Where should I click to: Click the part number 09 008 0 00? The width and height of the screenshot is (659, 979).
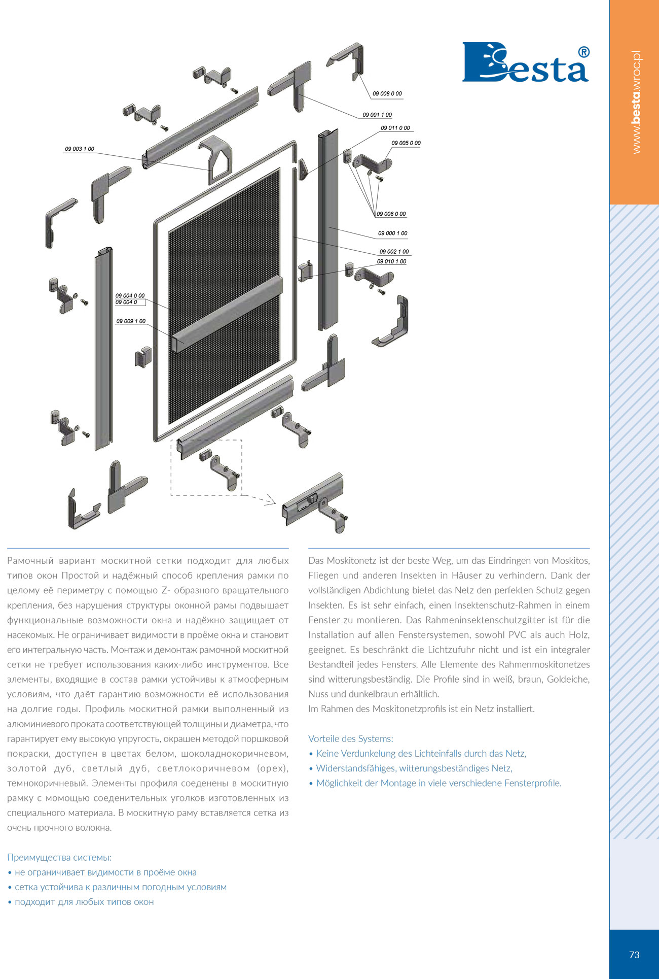[x=387, y=93]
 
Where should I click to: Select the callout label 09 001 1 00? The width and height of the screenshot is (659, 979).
[x=377, y=115]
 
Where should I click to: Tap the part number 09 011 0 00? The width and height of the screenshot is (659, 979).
[x=395, y=128]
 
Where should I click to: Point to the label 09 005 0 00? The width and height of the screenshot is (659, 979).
[x=406, y=143]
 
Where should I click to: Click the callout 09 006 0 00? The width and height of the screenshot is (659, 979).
[x=391, y=214]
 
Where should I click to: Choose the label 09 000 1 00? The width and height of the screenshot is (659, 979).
[x=393, y=233]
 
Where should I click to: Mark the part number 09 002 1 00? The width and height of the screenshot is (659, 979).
[x=394, y=251]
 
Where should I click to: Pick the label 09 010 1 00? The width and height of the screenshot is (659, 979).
[x=392, y=261]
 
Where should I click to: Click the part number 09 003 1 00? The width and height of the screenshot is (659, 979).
[x=80, y=149]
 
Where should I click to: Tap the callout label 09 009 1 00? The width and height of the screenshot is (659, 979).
[x=131, y=321]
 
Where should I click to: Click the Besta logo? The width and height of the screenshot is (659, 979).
[x=526, y=62]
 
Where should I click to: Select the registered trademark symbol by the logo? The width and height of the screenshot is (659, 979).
[x=584, y=52]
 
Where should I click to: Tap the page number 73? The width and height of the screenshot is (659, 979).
[x=634, y=955]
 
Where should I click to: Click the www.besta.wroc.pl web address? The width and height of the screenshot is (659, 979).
[x=637, y=102]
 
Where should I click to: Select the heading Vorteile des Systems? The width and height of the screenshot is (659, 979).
[x=351, y=738]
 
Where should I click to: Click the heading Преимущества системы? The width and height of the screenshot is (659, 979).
[x=59, y=857]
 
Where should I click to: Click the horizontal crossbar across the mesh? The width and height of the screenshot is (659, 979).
[x=227, y=314]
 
